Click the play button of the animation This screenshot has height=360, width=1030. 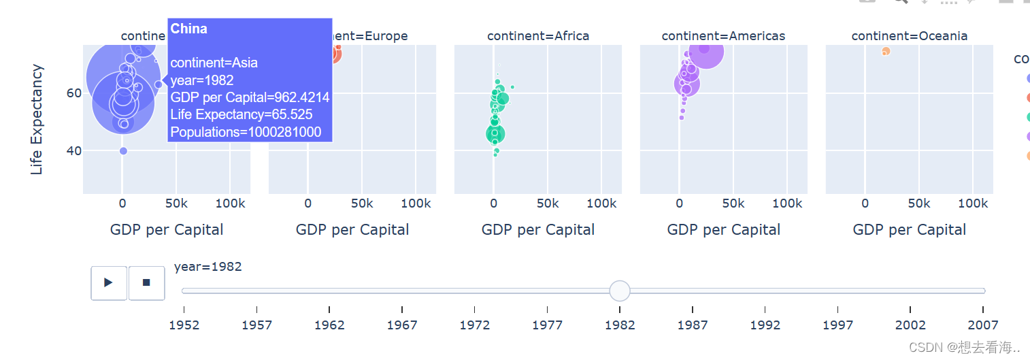click(x=109, y=282)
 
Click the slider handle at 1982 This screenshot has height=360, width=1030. click(x=620, y=291)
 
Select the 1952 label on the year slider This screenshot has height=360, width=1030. click(x=184, y=325)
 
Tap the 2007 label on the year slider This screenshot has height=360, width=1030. click(x=982, y=325)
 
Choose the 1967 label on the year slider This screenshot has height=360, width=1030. click(x=402, y=325)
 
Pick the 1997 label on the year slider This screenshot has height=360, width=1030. click(x=837, y=325)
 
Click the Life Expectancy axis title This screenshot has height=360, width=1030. click(x=37, y=119)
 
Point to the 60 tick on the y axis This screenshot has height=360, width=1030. click(x=73, y=93)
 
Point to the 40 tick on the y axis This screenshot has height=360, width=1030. click(x=73, y=150)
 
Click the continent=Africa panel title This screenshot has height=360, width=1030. click(x=538, y=36)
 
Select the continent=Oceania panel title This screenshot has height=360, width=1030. click(x=910, y=36)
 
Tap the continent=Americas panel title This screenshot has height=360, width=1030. click(x=723, y=36)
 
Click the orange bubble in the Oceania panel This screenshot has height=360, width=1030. click(x=886, y=52)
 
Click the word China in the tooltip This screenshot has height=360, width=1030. click(x=189, y=29)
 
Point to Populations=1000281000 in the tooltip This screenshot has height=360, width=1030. click(x=246, y=132)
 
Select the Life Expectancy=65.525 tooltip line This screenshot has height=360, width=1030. click(x=242, y=114)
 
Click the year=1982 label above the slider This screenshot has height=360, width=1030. click(x=208, y=267)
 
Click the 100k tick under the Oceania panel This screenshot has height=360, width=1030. click(x=973, y=203)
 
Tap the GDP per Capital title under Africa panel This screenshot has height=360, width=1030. click(x=538, y=230)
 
